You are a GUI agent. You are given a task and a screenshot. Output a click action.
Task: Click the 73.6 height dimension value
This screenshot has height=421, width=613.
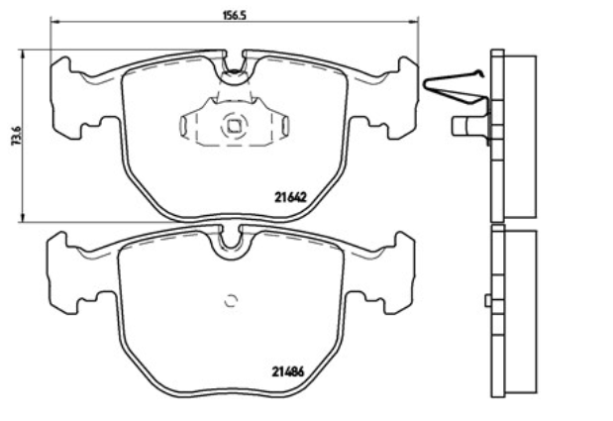[x=16, y=136]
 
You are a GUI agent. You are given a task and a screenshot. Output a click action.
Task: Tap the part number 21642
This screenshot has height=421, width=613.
[x=290, y=198]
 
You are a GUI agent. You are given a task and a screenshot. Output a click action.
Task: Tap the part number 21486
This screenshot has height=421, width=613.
[x=288, y=371]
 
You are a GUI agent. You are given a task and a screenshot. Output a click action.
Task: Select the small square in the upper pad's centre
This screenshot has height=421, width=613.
[x=234, y=126]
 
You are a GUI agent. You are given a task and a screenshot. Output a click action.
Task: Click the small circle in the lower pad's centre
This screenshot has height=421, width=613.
[x=232, y=300]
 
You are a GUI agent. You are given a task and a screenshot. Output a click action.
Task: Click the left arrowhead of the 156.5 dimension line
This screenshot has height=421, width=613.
[x=54, y=22]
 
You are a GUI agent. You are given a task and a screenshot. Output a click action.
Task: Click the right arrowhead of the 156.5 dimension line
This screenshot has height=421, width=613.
[x=414, y=22]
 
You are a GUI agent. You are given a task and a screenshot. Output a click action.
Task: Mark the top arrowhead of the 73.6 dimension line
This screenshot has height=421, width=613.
[x=23, y=53]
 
